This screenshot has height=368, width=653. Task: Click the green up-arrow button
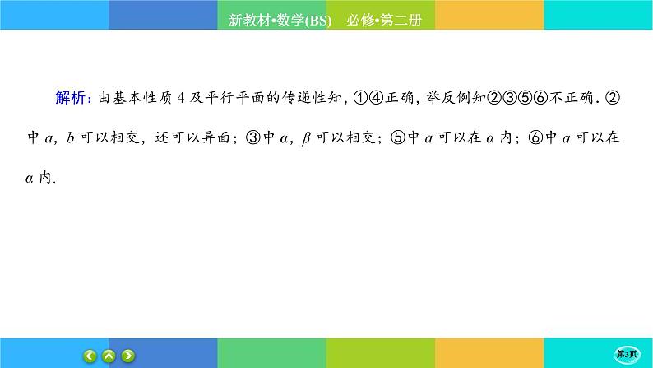(x=109, y=356)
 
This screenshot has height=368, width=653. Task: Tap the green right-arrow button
(x=128, y=356)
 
